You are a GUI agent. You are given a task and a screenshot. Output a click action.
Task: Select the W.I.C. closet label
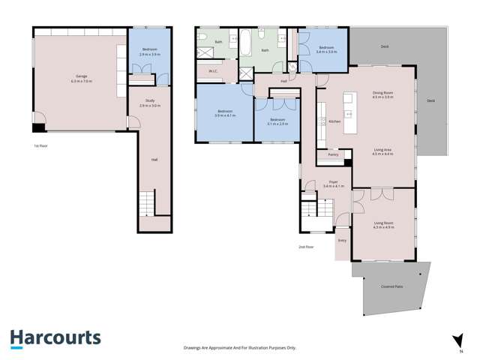point(211,72)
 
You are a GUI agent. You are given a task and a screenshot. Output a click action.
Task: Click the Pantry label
point(333,154)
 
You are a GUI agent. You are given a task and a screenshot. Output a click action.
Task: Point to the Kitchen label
point(335,121)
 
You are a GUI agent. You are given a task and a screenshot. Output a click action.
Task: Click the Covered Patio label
point(392,286)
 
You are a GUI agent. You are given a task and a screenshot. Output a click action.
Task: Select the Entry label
point(342,240)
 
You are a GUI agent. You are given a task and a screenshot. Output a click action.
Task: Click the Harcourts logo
point(55,337)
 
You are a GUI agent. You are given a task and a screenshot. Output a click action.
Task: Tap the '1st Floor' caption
point(42,145)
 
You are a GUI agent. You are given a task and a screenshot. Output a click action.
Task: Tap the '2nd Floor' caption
point(304,246)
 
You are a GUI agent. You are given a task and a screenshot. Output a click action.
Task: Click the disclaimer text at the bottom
point(240,348)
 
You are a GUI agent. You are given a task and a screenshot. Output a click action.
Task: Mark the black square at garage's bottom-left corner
point(38,129)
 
